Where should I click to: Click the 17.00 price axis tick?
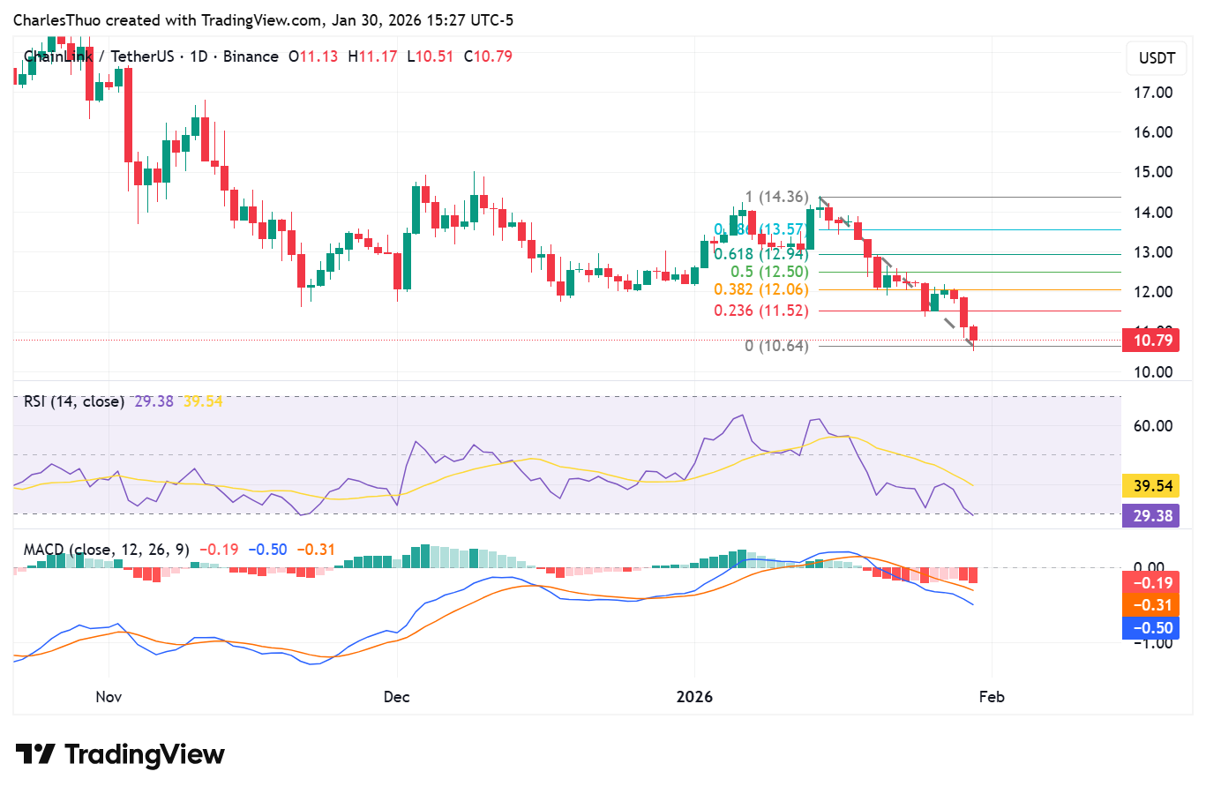1152,93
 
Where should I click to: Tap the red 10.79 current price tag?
1152,341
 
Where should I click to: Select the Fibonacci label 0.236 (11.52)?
760,311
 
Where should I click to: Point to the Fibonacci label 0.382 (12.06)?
760,289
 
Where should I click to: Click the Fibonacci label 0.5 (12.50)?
768,272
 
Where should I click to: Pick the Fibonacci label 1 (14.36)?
776,197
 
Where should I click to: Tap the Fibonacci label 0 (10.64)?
776,346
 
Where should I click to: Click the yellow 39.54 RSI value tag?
1152,486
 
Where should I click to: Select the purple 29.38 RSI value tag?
1152,516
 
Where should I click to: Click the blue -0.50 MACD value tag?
1152,628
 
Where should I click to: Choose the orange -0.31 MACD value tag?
1152,605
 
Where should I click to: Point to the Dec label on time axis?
396,697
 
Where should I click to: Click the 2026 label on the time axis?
694,697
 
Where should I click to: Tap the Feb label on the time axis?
992,697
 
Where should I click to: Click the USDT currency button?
1157,58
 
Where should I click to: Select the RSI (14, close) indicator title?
74,401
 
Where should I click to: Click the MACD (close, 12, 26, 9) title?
106,550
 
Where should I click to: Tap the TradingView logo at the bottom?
121,755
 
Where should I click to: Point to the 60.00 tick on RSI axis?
1152,426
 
